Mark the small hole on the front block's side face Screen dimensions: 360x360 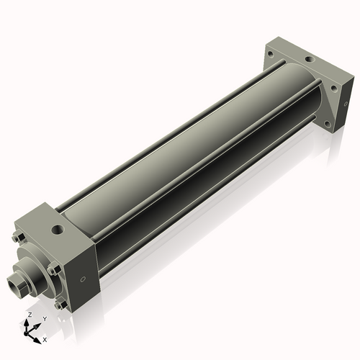click(84, 279)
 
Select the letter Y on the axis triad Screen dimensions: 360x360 click(45, 319)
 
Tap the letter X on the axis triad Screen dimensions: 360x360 click(45, 338)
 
